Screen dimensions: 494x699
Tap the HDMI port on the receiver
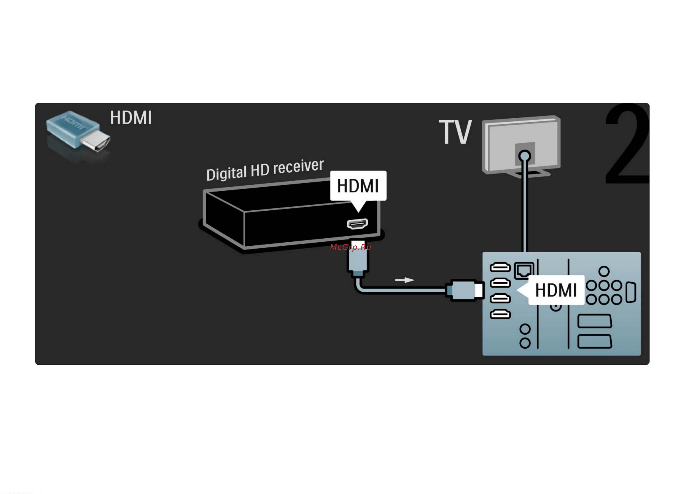pyautogui.click(x=357, y=224)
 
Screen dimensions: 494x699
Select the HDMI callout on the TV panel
pyautogui.click(x=556, y=290)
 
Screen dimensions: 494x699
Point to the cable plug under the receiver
pyautogui.click(x=358, y=260)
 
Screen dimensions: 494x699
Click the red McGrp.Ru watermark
pyautogui.click(x=350, y=247)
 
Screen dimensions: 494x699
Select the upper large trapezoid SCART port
pyautogui.click(x=594, y=321)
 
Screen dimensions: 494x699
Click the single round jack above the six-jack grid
pyautogui.click(x=604, y=271)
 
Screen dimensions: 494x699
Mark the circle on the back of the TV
pyautogui.click(x=524, y=156)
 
